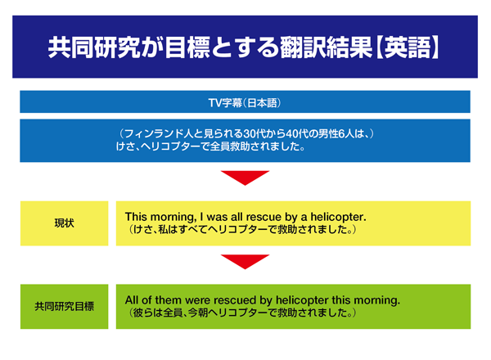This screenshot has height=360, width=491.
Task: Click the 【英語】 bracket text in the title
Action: point(407,47)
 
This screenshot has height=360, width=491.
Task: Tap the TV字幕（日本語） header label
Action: point(245,102)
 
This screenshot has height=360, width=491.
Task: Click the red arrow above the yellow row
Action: point(245,178)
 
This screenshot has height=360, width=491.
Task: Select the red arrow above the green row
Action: point(245,262)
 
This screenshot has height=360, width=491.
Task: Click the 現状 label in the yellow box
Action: point(64,223)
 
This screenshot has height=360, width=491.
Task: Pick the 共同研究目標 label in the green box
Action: point(64,307)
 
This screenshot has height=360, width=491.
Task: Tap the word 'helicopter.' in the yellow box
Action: point(338,217)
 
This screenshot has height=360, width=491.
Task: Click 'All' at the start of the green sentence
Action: point(132,300)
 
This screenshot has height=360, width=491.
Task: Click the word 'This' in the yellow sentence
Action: point(136,217)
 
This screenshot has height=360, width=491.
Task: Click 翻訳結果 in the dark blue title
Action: point(326,47)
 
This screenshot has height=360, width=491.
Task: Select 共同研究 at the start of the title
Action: point(93,47)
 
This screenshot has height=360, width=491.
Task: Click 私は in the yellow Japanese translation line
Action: point(168,229)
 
